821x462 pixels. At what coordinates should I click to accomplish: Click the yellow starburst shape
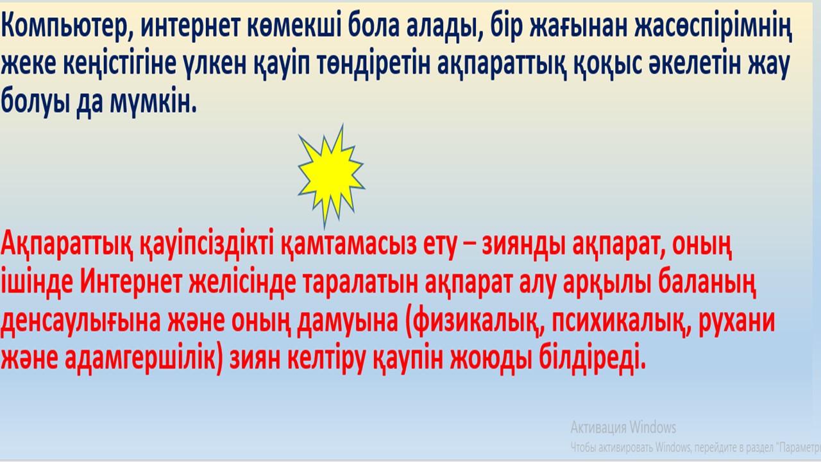pos(331,175)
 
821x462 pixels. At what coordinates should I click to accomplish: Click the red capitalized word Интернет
pos(131,283)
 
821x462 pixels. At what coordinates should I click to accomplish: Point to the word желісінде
pos(242,283)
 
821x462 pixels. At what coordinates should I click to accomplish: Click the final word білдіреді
pos(592,359)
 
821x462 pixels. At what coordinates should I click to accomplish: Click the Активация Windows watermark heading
pos(623,427)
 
